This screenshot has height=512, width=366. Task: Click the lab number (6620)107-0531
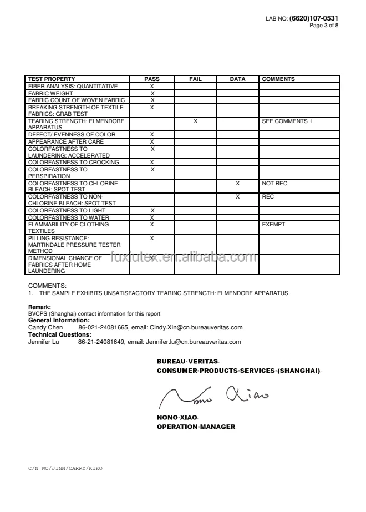(313, 18)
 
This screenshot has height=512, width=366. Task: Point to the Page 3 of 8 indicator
(324, 26)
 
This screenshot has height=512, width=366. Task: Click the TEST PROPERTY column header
(52, 79)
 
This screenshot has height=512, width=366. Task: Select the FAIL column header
(195, 79)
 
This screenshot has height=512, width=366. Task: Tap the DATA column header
(237, 79)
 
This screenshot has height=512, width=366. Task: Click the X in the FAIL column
(195, 121)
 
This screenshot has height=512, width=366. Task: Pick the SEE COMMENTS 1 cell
(287, 121)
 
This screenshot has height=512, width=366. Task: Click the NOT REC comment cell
(274, 183)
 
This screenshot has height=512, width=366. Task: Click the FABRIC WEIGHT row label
(49, 93)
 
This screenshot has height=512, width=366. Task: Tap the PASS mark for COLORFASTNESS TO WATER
(152, 217)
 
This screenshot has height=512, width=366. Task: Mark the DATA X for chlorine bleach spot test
(237, 183)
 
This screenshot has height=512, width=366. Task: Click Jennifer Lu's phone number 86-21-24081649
(101, 342)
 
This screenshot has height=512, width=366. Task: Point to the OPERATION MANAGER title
(196, 427)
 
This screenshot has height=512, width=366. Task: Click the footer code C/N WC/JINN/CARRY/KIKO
(65, 468)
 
